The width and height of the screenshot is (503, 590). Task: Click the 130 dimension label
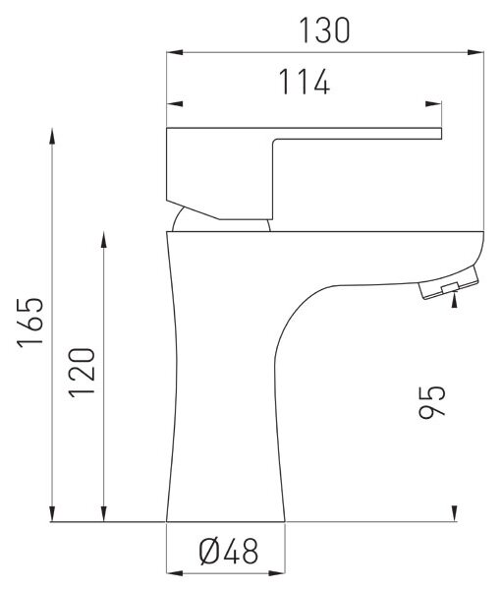click(324, 30)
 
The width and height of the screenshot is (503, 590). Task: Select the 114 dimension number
click(305, 82)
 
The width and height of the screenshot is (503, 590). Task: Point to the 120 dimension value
click(82, 373)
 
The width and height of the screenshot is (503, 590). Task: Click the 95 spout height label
click(432, 401)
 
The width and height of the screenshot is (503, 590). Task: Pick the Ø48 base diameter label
click(229, 552)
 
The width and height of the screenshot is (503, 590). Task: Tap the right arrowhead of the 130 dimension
click(475, 52)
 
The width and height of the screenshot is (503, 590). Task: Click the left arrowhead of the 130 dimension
click(175, 52)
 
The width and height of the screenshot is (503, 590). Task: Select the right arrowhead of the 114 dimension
click(433, 104)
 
